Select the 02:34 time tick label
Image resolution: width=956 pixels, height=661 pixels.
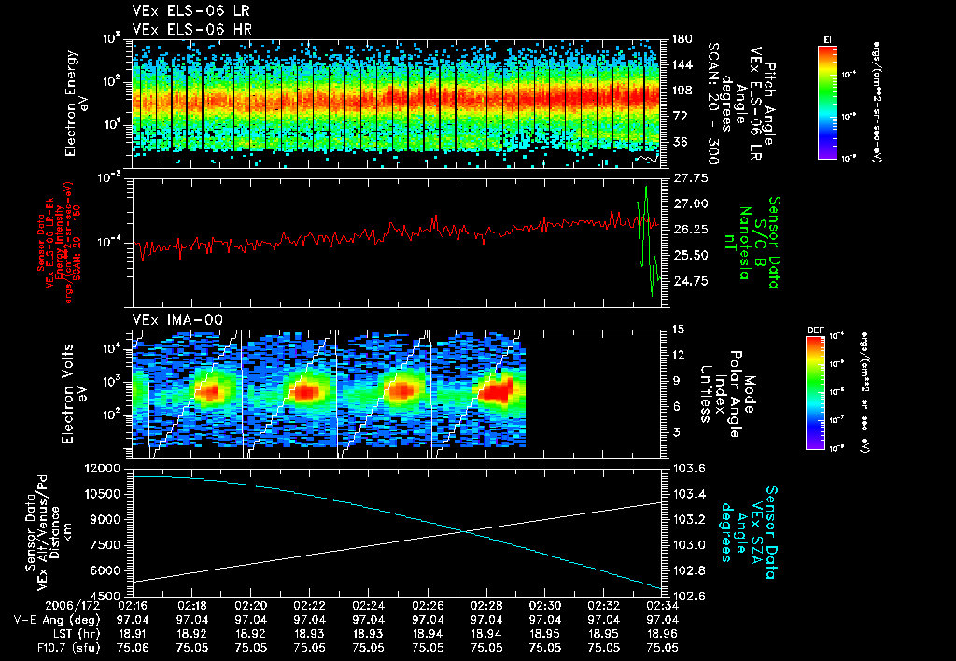663,605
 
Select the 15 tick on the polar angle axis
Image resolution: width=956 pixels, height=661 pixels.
678,329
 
